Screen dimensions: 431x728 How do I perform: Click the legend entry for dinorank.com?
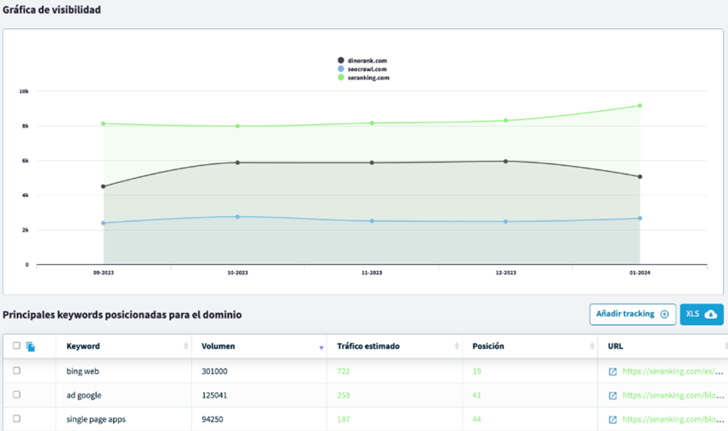[363, 61]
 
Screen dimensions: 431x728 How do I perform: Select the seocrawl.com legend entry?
[363, 69]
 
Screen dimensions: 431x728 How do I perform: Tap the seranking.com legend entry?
[363, 78]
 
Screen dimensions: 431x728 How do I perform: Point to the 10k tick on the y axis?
[24, 92]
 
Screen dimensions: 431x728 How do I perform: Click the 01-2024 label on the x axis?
[639, 273]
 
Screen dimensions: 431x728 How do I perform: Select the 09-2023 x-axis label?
[104, 273]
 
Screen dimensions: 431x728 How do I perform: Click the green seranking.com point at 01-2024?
[639, 106]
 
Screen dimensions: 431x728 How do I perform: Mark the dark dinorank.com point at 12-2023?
[505, 161]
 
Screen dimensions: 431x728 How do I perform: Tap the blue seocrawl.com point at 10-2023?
[238, 216]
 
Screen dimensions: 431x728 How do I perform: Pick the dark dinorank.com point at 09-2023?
[104, 186]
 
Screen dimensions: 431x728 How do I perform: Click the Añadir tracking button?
[632, 314]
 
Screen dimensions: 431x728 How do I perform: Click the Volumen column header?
[218, 346]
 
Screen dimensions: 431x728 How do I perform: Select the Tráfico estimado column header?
[368, 346]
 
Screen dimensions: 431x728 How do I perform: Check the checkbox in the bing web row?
[16, 371]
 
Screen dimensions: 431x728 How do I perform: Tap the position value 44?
[477, 420]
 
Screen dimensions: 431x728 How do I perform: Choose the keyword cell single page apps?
[95, 420]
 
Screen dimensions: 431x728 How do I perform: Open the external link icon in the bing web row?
[612, 372]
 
